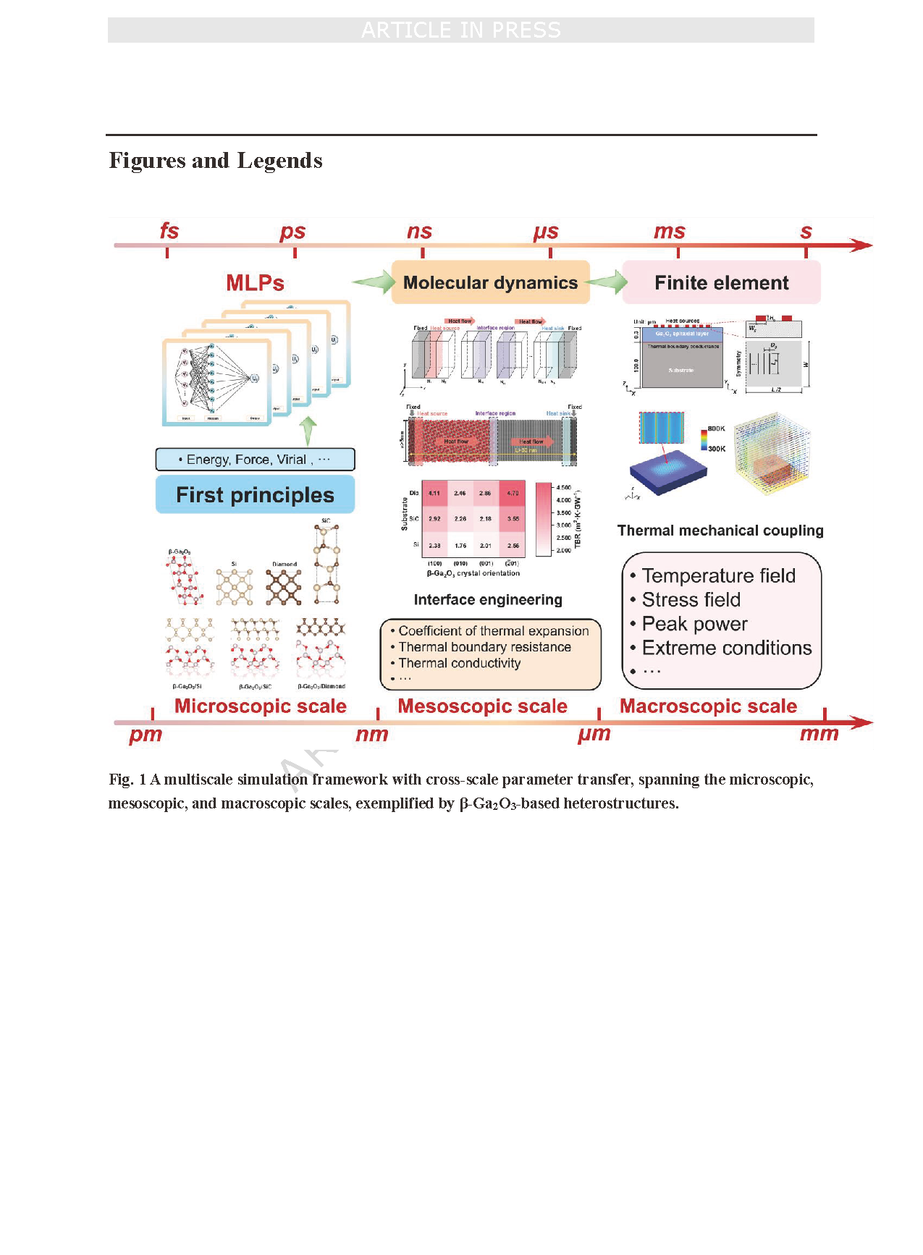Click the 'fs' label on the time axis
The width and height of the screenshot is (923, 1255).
[169, 231]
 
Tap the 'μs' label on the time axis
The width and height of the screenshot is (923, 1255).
[546, 232]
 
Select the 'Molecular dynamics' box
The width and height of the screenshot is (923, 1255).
[490, 282]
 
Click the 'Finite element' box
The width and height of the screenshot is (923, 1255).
[721, 282]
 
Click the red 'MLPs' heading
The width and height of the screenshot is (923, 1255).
[255, 283]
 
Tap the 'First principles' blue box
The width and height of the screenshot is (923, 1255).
[255, 495]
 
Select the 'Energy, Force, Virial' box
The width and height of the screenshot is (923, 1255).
[255, 460]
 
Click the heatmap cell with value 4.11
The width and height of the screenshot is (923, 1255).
[434, 493]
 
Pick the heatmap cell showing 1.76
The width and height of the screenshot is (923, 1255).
[460, 546]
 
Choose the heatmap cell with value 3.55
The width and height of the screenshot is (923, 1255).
[513, 519]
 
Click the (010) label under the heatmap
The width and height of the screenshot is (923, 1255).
[460, 563]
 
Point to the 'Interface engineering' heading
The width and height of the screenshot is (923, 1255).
[488, 599]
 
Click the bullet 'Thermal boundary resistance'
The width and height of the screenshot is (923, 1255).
[484, 647]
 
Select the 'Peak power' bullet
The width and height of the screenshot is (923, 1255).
[694, 624]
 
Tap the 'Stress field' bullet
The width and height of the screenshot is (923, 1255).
[691, 600]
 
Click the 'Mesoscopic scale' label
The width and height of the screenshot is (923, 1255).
[482, 706]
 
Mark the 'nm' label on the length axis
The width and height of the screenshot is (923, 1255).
[372, 735]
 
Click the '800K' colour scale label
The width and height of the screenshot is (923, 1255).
[716, 428]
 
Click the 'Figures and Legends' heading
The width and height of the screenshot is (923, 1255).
[216, 161]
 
